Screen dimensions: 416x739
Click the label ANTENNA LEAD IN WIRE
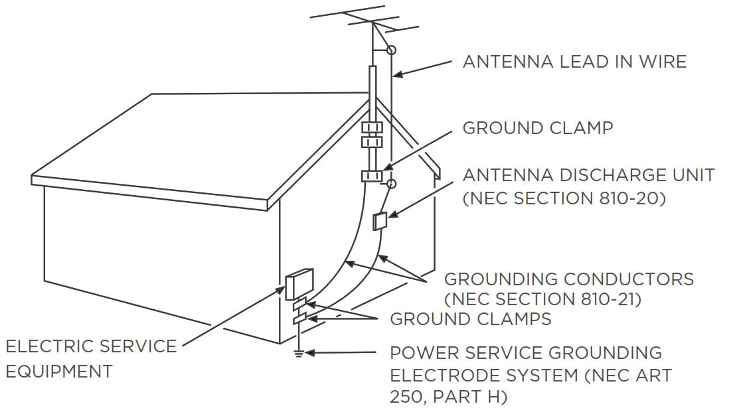point(574,62)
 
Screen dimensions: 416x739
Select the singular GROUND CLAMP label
point(537,128)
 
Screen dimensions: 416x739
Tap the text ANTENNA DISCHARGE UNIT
point(588,175)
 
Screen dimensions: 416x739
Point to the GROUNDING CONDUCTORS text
point(568,279)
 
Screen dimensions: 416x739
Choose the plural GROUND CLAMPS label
point(470,319)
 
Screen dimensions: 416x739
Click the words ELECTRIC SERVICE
point(91,346)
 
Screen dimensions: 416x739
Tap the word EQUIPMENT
point(59,372)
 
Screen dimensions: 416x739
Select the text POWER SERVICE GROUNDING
point(525,352)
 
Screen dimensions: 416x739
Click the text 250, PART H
point(448,397)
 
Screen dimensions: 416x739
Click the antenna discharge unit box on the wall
point(380,220)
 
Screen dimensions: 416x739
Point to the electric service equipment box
point(299,284)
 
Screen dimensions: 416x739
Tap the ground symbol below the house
point(298,355)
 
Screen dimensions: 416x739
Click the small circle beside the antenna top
point(392,50)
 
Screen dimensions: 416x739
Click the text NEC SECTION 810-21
point(542,299)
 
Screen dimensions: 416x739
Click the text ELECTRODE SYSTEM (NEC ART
point(531,375)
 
